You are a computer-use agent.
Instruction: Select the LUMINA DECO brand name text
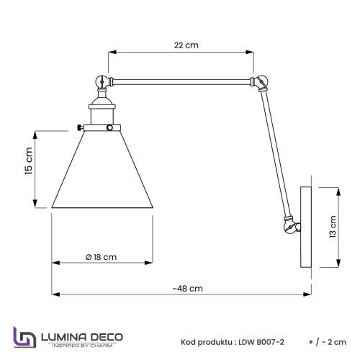84,336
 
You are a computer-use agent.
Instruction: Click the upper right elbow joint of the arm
254,83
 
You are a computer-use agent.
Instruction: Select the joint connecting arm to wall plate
289,227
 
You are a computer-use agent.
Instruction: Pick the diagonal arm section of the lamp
272,151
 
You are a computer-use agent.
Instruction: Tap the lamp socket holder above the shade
104,112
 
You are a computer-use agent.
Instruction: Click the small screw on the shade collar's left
78,128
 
